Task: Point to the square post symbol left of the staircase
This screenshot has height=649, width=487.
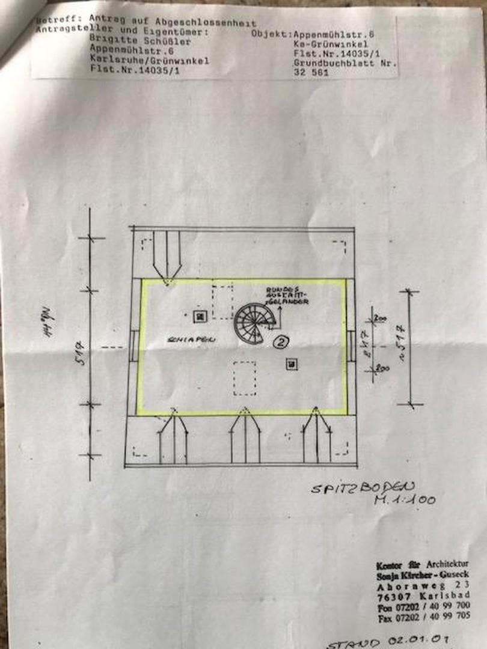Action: point(199,314)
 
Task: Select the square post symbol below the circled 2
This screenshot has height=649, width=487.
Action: point(292,364)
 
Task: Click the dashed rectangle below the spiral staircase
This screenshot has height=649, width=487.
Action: point(245,378)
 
